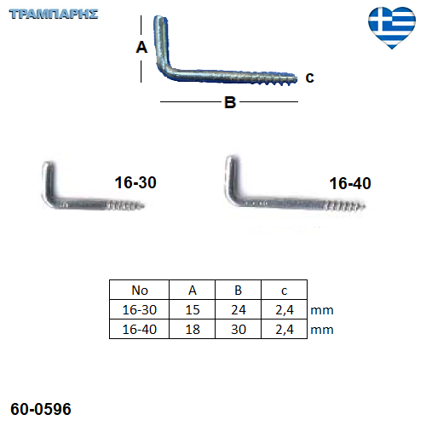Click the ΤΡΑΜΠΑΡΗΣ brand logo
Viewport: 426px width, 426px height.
pos(54,14)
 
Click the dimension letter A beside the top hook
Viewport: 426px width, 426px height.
pos(141,47)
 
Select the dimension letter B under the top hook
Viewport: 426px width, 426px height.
pos(230,102)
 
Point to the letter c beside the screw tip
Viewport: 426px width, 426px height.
pos(309,78)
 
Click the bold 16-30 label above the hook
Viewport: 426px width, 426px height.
pos(135,182)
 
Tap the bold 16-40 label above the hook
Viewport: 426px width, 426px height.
pos(350,183)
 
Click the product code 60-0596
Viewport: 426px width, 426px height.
pos(41,409)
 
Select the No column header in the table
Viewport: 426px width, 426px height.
pos(140,291)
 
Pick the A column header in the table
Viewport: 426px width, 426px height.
pos(193,291)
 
